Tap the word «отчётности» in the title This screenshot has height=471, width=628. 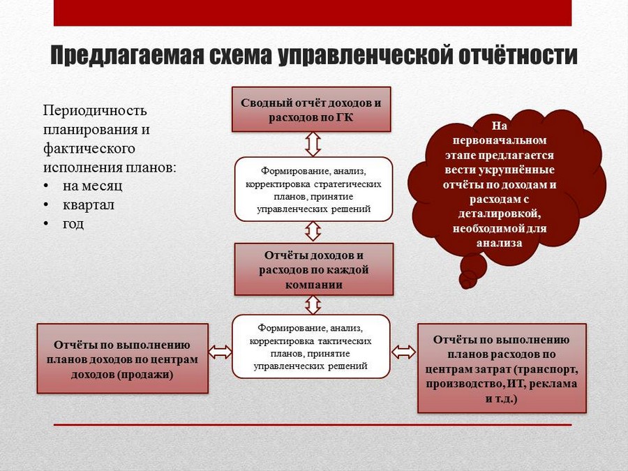(518, 55)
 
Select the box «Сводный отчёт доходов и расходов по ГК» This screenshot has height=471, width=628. (311, 110)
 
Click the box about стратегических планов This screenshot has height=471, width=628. (313, 189)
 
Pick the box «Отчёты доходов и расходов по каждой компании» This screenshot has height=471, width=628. (313, 269)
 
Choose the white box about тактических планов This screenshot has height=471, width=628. (311, 346)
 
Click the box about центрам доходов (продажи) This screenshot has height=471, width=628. (123, 359)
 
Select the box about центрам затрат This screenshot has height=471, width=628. (502, 368)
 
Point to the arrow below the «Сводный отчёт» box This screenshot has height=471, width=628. (313, 144)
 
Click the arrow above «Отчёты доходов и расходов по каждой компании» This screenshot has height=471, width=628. (313, 232)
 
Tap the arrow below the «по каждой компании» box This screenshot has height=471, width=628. (313, 305)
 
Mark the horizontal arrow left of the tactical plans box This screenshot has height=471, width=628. (220, 352)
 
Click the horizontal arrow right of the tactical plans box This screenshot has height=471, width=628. (404, 352)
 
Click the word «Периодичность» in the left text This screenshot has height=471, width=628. (95, 110)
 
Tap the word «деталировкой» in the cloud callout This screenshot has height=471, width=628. (500, 214)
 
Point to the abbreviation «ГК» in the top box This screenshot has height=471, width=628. (345, 118)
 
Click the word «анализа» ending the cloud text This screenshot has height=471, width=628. (500, 243)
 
